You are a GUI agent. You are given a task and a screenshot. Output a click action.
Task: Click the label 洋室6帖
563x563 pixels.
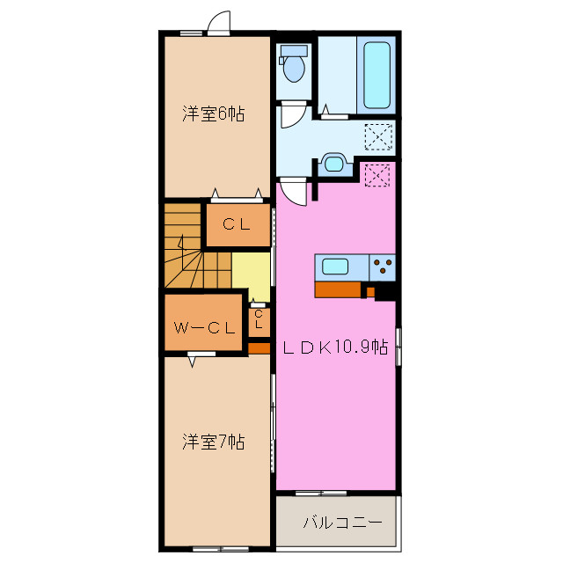click(x=213, y=113)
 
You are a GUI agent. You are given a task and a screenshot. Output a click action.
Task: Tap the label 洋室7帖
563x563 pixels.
click(x=213, y=442)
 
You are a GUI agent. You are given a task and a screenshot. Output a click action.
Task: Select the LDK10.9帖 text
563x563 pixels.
click(x=335, y=347)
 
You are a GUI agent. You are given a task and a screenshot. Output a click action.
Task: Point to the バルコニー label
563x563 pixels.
click(x=342, y=523)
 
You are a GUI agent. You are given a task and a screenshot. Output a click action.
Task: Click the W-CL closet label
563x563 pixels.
click(x=203, y=328)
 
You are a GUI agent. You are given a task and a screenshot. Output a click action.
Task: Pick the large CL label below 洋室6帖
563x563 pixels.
click(x=237, y=224)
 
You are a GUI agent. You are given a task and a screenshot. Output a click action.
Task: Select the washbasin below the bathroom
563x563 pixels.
click(x=333, y=163)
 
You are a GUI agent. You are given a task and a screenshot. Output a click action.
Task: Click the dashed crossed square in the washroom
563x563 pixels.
click(x=379, y=136)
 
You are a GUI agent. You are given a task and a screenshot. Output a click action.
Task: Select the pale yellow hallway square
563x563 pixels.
click(x=251, y=275)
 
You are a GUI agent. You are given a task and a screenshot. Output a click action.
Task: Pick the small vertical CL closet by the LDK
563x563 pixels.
click(x=258, y=320)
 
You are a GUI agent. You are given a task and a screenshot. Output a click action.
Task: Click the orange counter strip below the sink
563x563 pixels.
click(x=338, y=289)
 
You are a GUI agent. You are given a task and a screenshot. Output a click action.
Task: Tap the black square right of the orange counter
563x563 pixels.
click(x=385, y=291)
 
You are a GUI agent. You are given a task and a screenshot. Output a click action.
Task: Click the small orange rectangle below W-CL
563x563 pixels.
click(x=259, y=348)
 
